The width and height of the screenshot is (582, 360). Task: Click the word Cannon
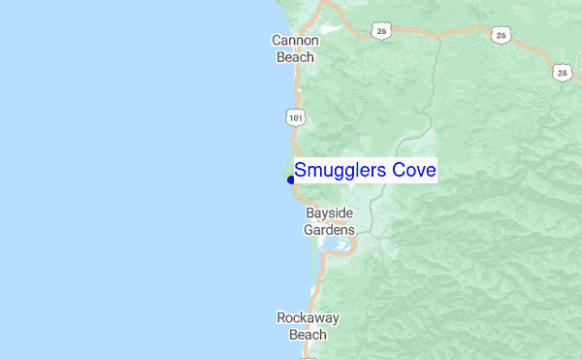pyautogui.click(x=296, y=41)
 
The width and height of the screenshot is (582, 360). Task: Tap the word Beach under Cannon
pyautogui.click(x=296, y=56)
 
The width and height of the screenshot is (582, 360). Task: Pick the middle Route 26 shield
pyautogui.click(x=501, y=35)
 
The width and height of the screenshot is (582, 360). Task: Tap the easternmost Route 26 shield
pyautogui.click(x=563, y=72)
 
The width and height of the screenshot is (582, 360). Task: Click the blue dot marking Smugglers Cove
pyautogui.click(x=291, y=180)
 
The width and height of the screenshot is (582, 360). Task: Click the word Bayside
pyautogui.click(x=330, y=213)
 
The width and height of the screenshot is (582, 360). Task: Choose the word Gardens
pyautogui.click(x=329, y=230)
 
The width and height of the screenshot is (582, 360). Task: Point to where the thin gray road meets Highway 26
pyautogui.click(x=436, y=36)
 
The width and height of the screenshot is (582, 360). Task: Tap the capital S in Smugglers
pyautogui.click(x=301, y=171)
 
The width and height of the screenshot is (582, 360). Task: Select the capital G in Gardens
pyautogui.click(x=308, y=230)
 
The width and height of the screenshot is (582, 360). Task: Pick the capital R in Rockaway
pyautogui.click(x=281, y=317)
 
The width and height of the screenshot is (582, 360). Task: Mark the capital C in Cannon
pyautogui.click(x=276, y=41)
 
